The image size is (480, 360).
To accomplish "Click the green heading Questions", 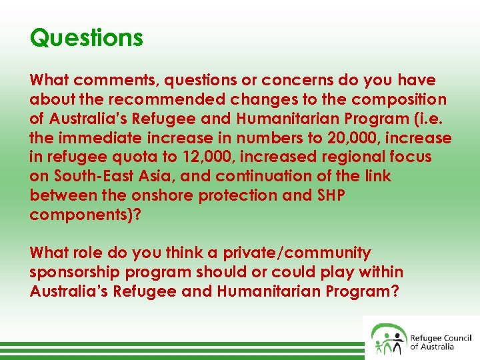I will coord(86,37).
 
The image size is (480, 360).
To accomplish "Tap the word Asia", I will coord(152,177).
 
